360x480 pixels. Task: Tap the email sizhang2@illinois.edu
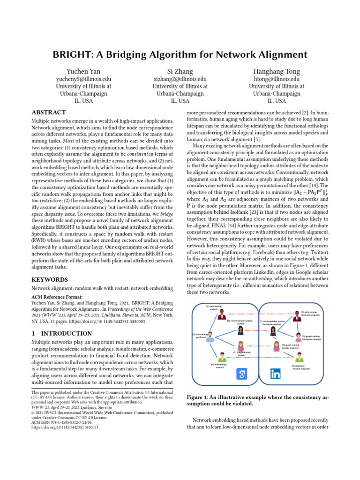click(180, 79)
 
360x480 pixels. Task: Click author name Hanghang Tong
click(276, 71)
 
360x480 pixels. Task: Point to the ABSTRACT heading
click(48, 112)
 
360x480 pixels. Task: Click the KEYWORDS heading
click(50, 280)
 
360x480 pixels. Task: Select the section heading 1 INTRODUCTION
click(61, 333)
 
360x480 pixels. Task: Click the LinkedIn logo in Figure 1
click(275, 374)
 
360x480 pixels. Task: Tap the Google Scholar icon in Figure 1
click(241, 374)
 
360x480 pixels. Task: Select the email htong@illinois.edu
click(276, 79)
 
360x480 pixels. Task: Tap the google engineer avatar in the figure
click(277, 346)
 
